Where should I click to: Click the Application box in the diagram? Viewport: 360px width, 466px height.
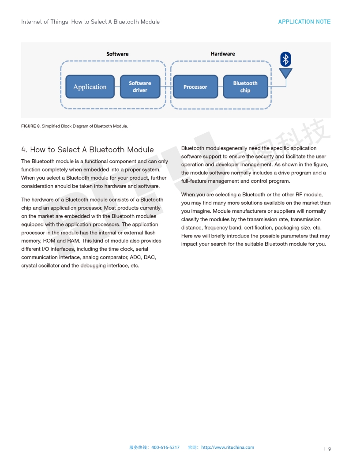(90, 86)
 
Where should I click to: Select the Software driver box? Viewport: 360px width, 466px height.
(139, 86)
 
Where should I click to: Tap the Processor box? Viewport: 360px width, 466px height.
(195, 86)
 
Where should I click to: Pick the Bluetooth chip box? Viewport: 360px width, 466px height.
(245, 86)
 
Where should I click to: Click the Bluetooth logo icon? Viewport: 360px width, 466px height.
(286, 59)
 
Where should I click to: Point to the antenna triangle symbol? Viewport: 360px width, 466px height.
(286, 73)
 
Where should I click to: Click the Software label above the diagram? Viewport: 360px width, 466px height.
(117, 54)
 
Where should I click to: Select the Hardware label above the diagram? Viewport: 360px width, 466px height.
(223, 54)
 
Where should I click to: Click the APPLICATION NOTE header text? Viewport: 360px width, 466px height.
(304, 22)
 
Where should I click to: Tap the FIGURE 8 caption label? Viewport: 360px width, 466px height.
(30, 126)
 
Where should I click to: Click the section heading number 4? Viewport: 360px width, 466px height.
(24, 150)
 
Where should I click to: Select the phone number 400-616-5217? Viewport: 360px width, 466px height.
(165, 447)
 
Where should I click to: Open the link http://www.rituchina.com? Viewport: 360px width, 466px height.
(228, 447)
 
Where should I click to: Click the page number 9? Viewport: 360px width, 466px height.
(329, 449)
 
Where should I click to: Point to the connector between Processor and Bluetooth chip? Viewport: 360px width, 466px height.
(221, 86)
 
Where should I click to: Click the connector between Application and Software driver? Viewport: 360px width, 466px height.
(117, 86)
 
